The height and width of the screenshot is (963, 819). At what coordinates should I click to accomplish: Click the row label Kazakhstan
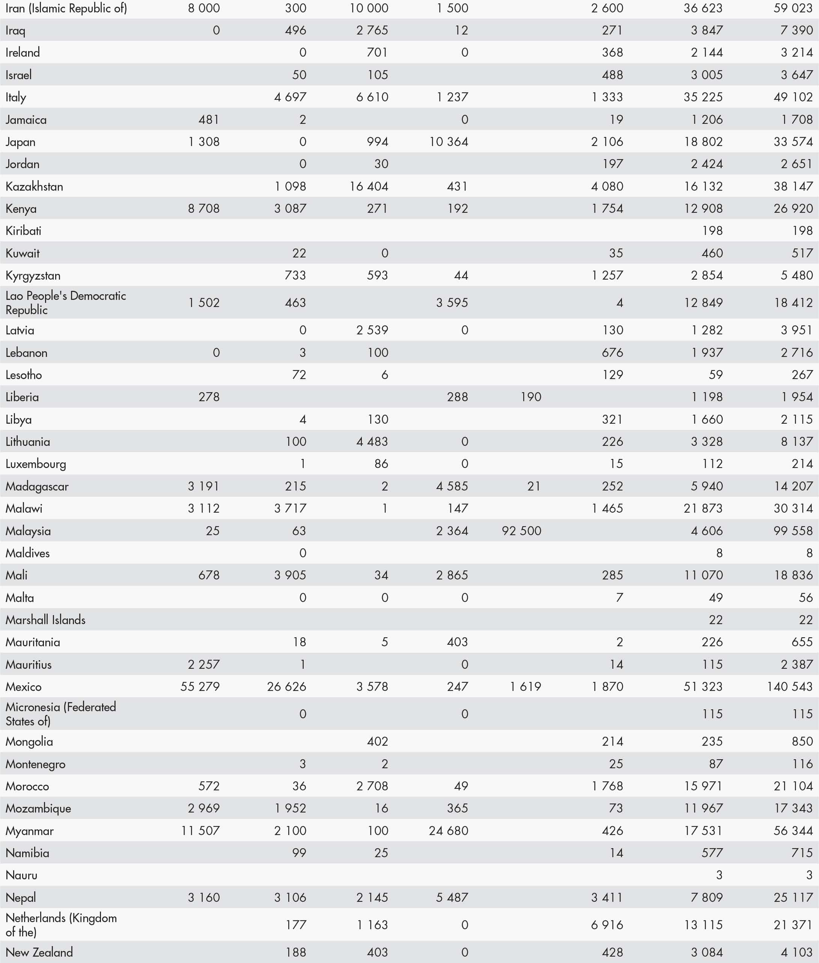(35, 187)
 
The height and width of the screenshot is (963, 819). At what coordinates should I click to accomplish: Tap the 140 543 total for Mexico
(789, 687)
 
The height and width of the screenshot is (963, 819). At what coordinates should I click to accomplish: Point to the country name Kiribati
(23, 231)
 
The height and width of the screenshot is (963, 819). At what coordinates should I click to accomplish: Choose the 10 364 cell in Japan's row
(449, 142)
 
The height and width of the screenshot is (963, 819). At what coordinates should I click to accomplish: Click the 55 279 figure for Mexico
(200, 687)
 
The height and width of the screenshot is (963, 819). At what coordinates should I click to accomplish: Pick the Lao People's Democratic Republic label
(65, 302)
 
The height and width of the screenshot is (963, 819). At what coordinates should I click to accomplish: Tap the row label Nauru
(21, 875)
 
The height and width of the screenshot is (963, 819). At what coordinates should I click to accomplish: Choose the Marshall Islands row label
(45, 620)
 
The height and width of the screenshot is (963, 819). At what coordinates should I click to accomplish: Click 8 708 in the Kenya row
(204, 209)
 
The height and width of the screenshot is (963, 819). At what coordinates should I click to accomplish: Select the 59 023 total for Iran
(793, 8)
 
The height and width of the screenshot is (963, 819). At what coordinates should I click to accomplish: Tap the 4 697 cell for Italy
(290, 97)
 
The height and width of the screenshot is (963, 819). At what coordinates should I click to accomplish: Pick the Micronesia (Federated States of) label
(61, 714)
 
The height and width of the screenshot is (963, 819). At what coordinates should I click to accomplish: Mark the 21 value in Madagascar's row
(534, 486)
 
